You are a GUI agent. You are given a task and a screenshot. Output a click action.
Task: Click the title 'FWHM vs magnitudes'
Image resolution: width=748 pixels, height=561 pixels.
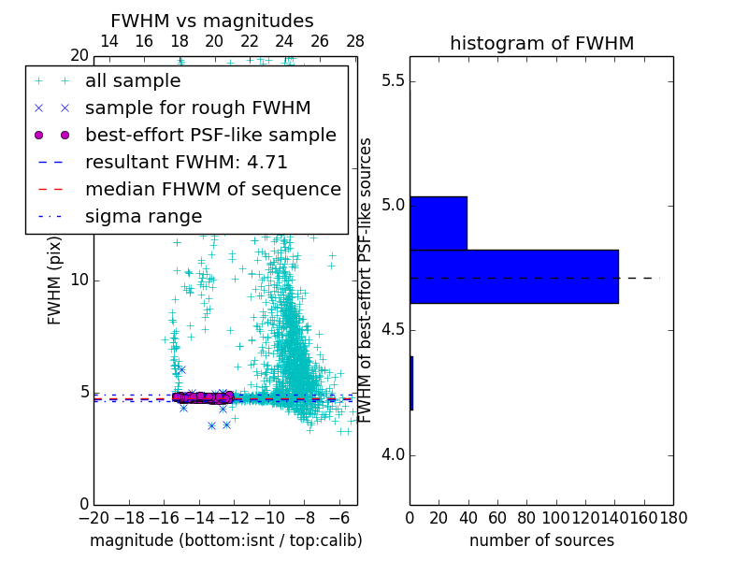[211, 21]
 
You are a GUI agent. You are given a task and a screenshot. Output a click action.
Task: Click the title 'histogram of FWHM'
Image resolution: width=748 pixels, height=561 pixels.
[541, 43]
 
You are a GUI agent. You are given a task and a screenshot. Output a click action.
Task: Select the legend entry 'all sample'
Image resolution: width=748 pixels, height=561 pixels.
[133, 81]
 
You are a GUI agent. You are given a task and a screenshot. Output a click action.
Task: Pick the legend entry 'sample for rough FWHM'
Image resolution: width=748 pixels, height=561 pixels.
[197, 108]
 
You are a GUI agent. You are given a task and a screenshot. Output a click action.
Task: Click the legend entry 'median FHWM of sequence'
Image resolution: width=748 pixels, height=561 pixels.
[212, 189]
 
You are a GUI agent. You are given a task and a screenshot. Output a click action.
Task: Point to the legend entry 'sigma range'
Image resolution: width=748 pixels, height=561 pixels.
[143, 216]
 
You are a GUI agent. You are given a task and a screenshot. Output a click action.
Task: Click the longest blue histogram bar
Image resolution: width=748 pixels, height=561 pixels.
[513, 276]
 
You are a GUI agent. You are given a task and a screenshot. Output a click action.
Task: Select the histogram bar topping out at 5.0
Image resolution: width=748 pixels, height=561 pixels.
[438, 223]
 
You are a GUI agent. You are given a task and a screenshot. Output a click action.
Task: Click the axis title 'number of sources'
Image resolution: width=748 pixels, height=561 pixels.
[541, 540]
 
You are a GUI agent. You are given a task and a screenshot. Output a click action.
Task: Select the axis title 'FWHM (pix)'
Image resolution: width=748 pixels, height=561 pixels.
[54, 280]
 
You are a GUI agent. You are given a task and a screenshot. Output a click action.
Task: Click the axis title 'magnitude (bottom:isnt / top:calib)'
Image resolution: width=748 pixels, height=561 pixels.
[225, 540]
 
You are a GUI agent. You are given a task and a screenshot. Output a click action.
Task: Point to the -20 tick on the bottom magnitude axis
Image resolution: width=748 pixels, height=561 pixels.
[93, 516]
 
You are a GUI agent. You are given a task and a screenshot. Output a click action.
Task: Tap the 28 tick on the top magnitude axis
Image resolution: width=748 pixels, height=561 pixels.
[355, 41]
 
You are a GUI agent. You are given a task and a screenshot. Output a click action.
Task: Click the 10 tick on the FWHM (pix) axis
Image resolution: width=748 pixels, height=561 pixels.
[79, 280]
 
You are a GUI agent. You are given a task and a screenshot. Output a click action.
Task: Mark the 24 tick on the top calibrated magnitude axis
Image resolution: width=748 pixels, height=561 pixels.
[284, 41]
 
